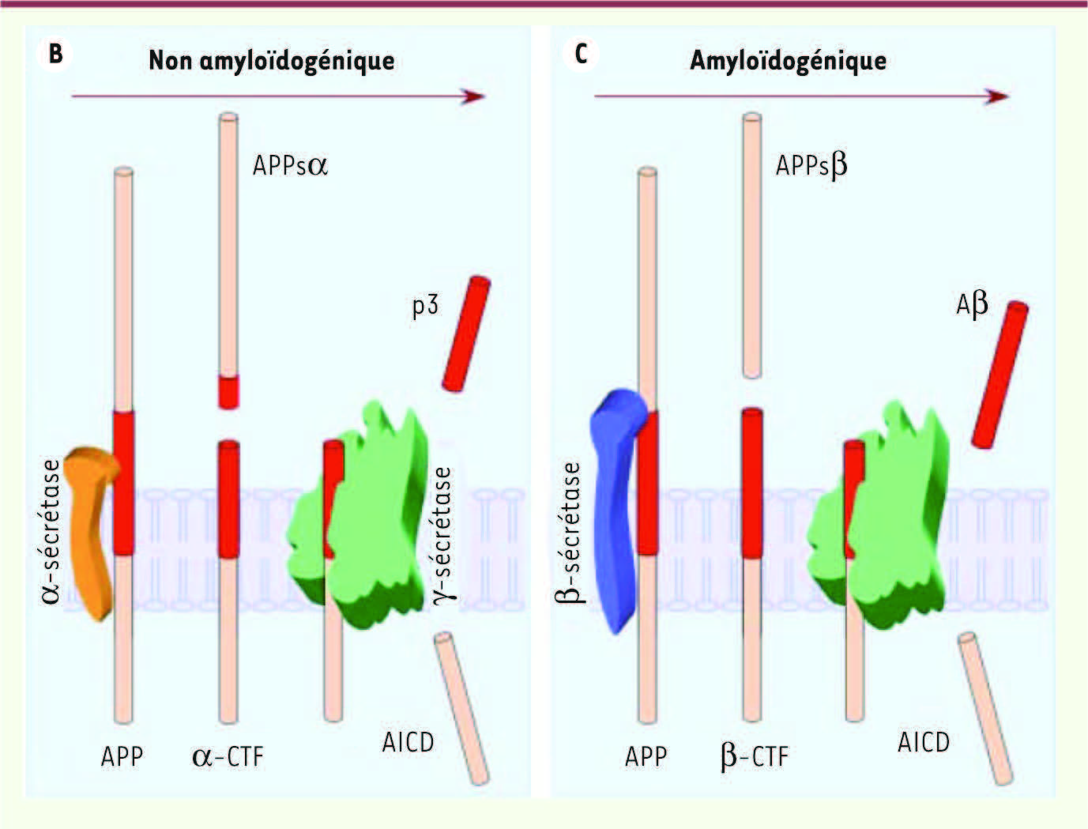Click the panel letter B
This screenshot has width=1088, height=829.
point(55,54)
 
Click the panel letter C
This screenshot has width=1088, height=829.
point(581,54)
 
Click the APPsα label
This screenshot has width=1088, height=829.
point(291,166)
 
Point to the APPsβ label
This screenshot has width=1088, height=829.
point(811,166)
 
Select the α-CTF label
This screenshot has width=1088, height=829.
point(228,756)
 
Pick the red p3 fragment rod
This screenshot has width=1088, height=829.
point(466,334)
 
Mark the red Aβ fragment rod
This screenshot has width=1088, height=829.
point(1000,375)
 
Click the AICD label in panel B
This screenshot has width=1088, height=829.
point(408,742)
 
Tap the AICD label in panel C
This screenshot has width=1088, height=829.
point(924,742)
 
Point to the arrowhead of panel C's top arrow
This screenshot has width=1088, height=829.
point(996,96)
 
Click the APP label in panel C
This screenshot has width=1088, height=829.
point(646,757)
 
